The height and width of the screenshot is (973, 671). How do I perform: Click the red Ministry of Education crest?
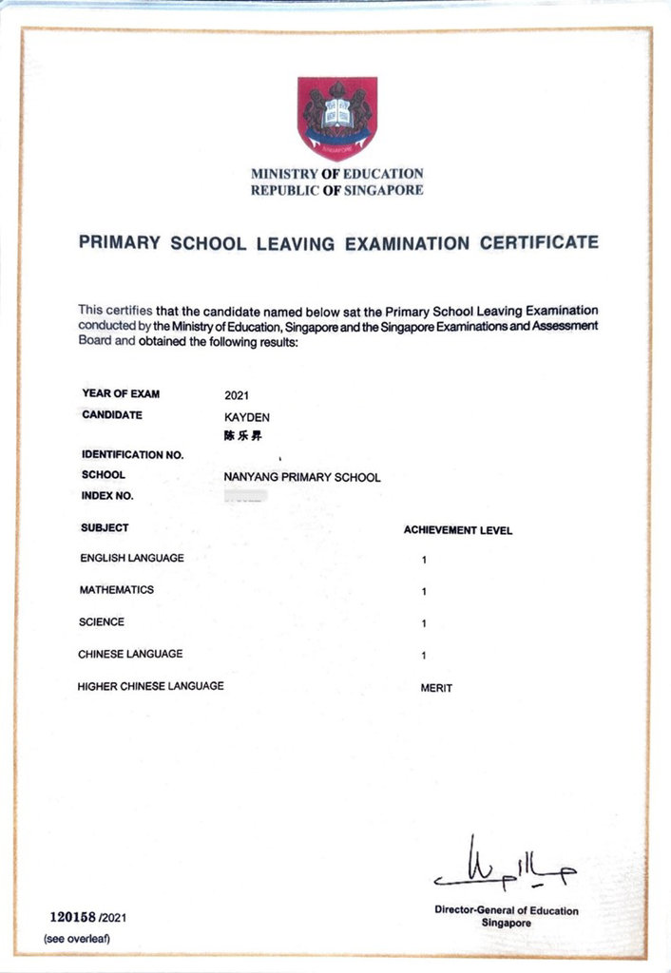(337, 118)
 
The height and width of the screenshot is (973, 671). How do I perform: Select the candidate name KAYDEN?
(247, 416)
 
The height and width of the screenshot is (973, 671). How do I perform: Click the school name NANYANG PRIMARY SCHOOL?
(301, 477)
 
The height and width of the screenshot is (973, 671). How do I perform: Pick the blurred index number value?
(245, 495)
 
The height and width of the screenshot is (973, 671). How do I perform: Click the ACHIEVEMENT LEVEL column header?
(457, 530)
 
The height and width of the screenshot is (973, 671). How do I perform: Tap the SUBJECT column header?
(105, 527)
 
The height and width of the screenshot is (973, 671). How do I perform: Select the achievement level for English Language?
(424, 561)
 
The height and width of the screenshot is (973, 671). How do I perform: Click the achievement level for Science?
(424, 624)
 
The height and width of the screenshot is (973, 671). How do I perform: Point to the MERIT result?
(436, 688)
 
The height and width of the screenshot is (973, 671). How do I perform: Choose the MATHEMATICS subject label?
(116, 590)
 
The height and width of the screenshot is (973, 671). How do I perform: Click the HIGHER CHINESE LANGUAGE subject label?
(150, 685)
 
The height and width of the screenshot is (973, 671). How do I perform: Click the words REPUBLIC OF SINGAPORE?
(336, 190)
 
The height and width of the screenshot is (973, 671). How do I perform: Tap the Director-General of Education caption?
(506, 910)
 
